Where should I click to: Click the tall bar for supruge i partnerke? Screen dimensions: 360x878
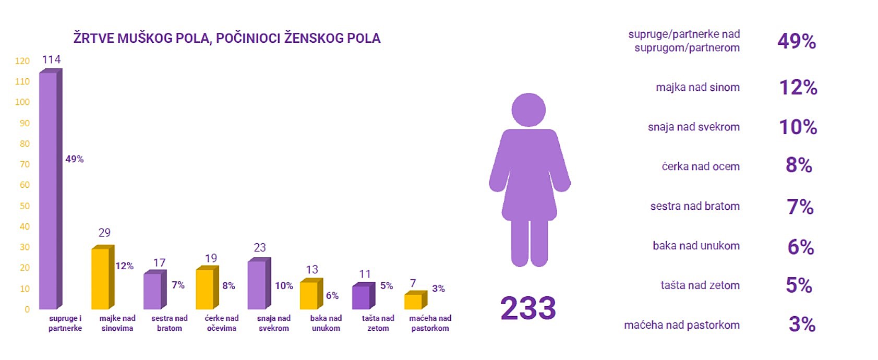tap(49, 190)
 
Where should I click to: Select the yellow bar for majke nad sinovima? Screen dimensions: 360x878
tap(101, 279)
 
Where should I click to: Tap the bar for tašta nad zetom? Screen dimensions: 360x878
tap(362, 297)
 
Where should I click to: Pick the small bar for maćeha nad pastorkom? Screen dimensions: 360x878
tap(414, 302)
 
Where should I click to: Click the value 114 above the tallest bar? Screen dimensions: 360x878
tap(51, 59)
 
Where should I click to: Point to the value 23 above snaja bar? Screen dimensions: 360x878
tap(260, 247)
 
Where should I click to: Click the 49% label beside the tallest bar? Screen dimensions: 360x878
tap(75, 159)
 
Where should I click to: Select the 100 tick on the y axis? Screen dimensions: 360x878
tap(22, 102)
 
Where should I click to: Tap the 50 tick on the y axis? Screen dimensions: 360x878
tap(25, 206)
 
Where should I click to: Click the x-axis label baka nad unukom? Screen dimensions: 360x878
tap(326, 323)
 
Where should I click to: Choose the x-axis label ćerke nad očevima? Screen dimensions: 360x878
tap(222, 323)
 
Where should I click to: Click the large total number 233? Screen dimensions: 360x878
tap(528, 308)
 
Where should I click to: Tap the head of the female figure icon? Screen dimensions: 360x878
tap(528, 110)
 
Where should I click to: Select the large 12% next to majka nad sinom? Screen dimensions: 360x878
tap(798, 87)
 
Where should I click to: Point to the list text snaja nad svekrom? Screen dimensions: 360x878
tap(693, 127)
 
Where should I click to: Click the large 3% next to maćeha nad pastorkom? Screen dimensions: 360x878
tap(802, 325)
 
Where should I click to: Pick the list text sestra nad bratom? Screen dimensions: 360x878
tap(695, 206)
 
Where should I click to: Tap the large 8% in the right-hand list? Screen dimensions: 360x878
tap(799, 165)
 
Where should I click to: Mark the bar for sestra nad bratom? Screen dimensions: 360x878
tap(153, 291)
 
